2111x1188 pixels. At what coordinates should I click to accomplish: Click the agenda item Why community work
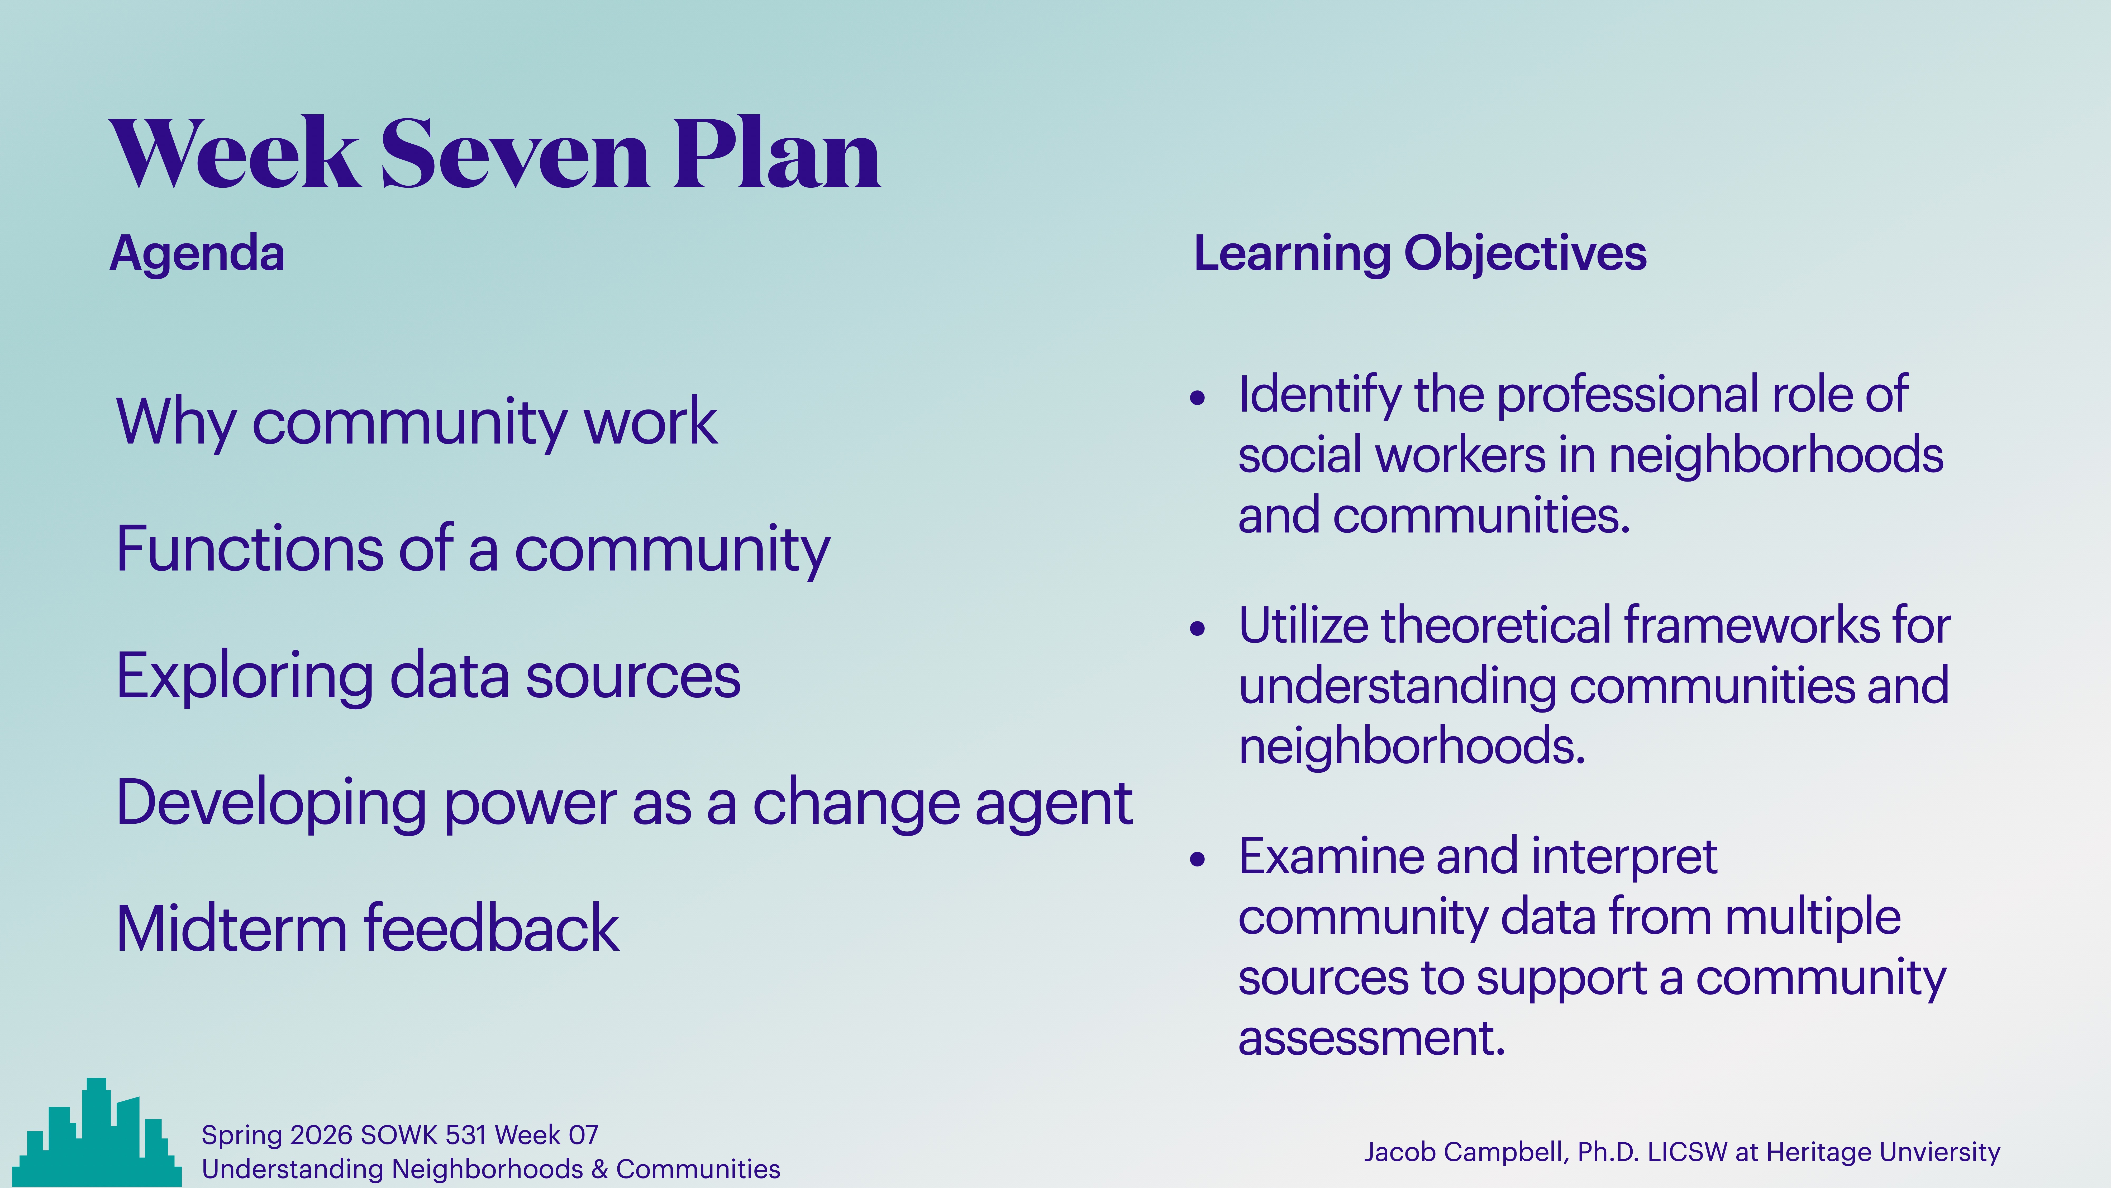tap(416, 422)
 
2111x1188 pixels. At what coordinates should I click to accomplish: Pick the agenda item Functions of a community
tap(473, 549)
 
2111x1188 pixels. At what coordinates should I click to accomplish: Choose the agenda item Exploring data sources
tap(428, 676)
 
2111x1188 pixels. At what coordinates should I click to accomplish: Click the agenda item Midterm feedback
tap(367, 930)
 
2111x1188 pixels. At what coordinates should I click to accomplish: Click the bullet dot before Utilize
tap(1198, 629)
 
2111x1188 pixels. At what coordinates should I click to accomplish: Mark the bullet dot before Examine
tap(1198, 859)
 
